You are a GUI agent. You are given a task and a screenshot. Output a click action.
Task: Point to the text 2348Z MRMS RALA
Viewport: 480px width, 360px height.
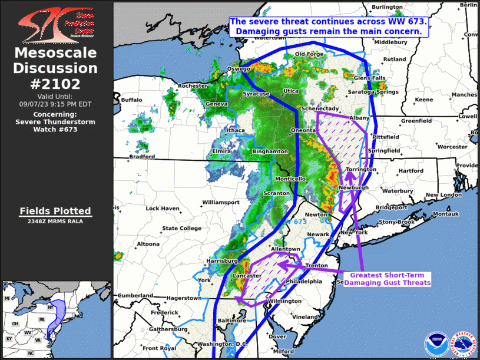55,221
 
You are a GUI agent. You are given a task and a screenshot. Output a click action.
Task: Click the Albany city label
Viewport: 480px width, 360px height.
359,118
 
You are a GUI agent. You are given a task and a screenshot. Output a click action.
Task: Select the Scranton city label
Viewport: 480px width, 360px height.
276,193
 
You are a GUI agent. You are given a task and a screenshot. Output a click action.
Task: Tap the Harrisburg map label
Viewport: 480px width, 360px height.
221,260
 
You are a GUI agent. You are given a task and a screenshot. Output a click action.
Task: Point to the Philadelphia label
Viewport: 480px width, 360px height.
304,282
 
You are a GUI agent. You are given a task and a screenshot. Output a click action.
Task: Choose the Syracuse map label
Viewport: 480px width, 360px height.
256,94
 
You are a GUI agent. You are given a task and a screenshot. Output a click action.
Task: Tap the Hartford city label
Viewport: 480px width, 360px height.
411,171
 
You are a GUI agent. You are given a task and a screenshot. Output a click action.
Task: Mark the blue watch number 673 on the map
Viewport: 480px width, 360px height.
300,222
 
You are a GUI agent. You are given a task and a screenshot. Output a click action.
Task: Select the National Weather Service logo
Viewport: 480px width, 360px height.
462,343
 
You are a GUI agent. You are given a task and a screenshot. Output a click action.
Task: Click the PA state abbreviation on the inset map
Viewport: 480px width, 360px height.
42,319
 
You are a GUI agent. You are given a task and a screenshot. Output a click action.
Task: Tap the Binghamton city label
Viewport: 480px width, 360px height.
269,151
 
